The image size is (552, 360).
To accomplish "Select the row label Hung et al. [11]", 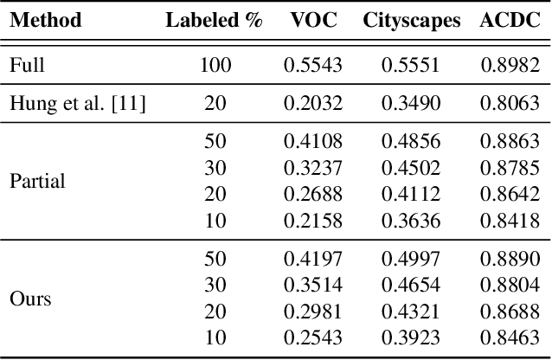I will point(77,105).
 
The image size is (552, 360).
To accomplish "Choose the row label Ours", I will point(30,299).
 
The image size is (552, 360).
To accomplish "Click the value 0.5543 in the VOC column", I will point(313,65).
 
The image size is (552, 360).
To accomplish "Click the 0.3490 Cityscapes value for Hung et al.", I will point(411,105).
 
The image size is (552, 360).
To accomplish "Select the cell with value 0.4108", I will point(313,142).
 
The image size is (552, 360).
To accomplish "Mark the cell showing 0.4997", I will point(411,259).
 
